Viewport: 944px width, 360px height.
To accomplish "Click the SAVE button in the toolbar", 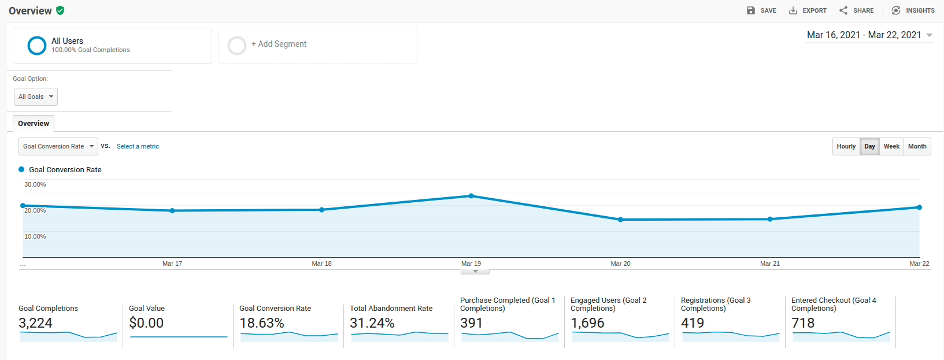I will point(761,10).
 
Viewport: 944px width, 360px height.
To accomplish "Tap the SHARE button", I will point(857,10).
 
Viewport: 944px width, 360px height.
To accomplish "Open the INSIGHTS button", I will point(913,10).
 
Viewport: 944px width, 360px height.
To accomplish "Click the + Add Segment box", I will point(317,45).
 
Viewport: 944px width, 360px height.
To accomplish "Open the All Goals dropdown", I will point(36,97).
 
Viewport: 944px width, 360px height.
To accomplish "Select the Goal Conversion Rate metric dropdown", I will point(58,146).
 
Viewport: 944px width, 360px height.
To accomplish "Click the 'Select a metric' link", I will point(138,147).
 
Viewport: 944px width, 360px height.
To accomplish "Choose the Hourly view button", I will point(846,146).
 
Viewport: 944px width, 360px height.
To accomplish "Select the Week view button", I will point(891,146).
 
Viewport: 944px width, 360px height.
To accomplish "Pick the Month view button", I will point(917,146).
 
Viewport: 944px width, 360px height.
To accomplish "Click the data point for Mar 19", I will point(471,196).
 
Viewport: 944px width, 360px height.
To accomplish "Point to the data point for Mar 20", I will point(620,220).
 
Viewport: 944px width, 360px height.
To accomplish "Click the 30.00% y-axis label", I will point(35,185).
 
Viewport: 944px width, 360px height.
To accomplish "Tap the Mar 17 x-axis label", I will point(172,263).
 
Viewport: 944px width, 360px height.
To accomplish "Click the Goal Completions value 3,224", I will point(36,323).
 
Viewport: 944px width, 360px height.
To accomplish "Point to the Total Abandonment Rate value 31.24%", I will point(372,323).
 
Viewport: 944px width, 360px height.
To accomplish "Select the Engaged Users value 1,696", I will point(587,323).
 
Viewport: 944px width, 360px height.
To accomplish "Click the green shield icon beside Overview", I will point(60,10).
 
